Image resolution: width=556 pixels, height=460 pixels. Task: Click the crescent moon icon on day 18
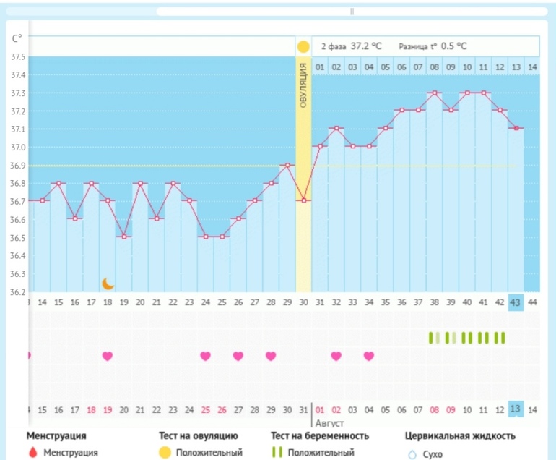pos(108,284)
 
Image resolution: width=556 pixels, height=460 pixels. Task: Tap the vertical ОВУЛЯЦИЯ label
pos(303,85)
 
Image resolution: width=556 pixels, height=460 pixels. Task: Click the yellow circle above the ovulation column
pos(303,47)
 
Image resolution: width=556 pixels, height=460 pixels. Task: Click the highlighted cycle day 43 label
pos(516,302)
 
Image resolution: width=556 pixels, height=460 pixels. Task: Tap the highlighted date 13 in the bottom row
pos(516,409)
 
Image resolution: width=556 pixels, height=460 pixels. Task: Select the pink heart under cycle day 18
pos(108,356)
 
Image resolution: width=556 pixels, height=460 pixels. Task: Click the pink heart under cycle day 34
pos(369,356)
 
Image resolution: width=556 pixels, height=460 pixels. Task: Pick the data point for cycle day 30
pos(303,200)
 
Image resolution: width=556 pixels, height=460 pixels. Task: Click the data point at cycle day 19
pos(123,237)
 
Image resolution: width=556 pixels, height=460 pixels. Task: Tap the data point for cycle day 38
pos(434,93)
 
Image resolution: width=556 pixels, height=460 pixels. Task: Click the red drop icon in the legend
pos(31,453)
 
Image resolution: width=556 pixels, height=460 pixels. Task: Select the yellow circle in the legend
pos(165,453)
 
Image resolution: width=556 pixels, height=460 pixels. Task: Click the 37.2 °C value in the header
pos(366,46)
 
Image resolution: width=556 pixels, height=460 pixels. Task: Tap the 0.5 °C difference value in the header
pos(453,46)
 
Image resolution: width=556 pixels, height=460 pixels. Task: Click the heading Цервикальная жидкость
pos(459,436)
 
